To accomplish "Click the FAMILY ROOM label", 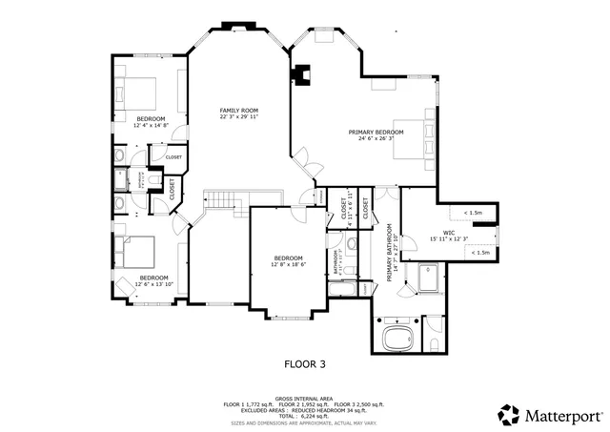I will point(238,111).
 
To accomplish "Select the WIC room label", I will point(448,232).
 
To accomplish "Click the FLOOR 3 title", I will point(305,363).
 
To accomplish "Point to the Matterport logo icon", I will point(509,415).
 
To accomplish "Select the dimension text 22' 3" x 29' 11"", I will point(238,118).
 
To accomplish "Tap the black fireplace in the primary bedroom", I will point(302,74).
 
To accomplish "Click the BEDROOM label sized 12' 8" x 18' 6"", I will point(288,257).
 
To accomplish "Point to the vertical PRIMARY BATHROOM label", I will point(390,252).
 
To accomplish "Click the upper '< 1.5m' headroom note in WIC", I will point(473,213).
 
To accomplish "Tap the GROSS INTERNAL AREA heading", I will point(305,398).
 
